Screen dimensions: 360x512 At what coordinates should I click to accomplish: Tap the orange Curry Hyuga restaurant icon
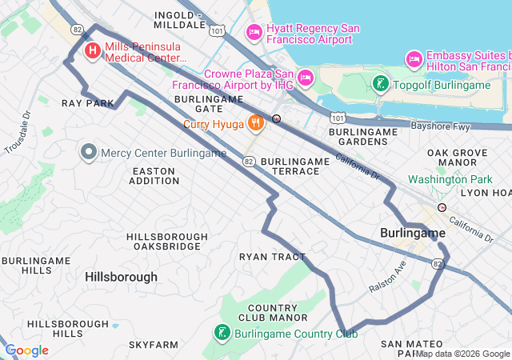coord(255,123)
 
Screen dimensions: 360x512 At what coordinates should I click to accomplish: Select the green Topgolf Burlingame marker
coord(381,85)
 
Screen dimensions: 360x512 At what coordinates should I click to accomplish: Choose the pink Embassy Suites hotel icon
coord(414,58)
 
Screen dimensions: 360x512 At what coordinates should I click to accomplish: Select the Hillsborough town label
coord(121,277)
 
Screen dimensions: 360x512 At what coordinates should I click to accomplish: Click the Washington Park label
coord(450,180)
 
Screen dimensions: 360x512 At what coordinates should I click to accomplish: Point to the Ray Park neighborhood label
coord(88,104)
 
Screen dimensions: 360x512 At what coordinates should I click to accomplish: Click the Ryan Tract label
coord(273,257)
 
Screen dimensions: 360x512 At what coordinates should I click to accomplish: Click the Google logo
coord(26,350)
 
